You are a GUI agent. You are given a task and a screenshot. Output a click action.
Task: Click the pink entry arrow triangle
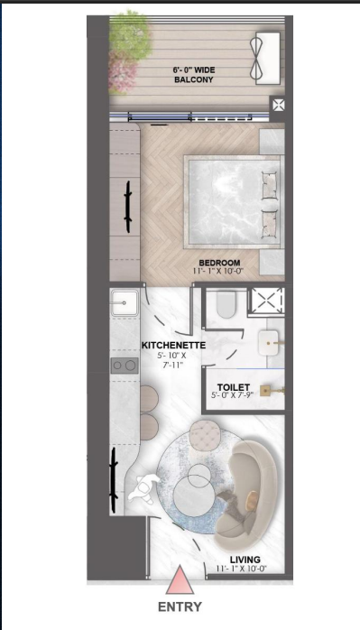(180, 580)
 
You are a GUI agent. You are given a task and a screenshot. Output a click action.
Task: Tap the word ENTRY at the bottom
(180, 607)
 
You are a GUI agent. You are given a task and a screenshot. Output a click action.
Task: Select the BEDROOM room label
(220, 264)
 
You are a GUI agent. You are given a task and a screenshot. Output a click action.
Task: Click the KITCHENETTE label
(173, 345)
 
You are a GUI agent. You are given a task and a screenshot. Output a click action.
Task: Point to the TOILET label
(234, 387)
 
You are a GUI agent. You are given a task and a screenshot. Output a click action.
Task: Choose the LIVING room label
(245, 560)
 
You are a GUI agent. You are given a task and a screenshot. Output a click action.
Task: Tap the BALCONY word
(194, 79)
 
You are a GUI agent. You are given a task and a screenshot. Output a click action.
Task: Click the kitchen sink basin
(125, 303)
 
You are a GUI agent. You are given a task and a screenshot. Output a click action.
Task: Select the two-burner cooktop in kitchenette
(125, 366)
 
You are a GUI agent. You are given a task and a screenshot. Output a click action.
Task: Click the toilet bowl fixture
(226, 304)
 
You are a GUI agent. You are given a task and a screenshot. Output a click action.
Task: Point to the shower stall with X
(265, 301)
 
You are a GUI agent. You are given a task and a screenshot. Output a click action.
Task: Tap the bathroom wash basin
(268, 343)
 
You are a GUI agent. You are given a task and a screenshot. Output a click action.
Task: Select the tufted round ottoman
(205, 435)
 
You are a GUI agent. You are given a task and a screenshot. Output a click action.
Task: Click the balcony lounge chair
(264, 59)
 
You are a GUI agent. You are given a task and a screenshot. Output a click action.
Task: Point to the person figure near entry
(144, 488)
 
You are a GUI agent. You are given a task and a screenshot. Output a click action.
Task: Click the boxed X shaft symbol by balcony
(279, 106)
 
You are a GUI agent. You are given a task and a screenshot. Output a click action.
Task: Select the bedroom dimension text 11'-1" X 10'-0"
(218, 271)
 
